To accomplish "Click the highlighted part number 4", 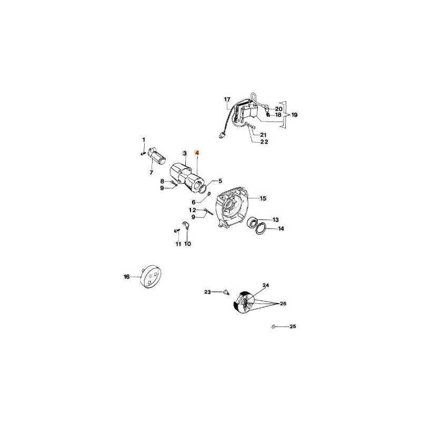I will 197,153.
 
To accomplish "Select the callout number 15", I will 264,198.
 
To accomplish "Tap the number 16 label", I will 126,276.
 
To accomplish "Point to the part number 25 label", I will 293,327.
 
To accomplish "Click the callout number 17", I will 227,99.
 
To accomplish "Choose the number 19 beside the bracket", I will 294,114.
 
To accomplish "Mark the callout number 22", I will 264,142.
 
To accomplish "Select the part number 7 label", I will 151,173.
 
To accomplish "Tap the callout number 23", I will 207,292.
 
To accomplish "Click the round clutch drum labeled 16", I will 151,277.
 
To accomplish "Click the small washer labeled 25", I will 275,327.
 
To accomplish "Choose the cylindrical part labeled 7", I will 157,155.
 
